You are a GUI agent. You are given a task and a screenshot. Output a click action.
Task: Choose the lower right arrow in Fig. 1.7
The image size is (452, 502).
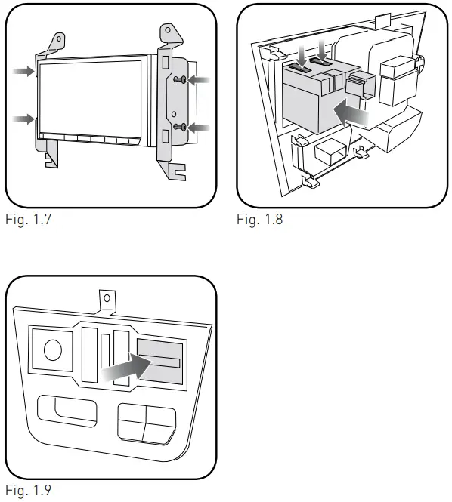click(201, 128)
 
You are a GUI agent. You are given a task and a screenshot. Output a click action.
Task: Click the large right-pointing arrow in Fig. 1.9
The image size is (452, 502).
click(124, 369)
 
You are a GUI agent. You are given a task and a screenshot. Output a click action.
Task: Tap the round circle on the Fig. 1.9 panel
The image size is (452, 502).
click(52, 350)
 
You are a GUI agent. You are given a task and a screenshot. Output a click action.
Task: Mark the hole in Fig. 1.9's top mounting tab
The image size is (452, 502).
click(107, 298)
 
